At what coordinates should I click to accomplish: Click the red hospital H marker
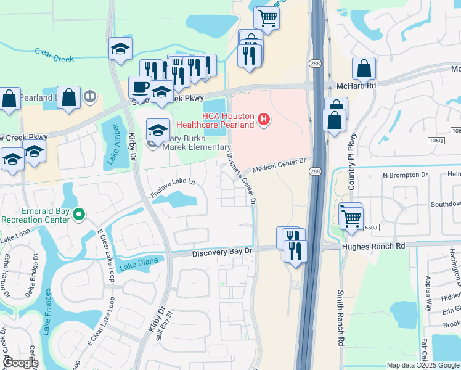(x=264, y=118)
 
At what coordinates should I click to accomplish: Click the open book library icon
(x=90, y=96)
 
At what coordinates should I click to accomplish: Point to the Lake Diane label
(x=139, y=263)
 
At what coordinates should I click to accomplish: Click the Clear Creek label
(x=54, y=55)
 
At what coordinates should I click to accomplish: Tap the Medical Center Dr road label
(x=279, y=165)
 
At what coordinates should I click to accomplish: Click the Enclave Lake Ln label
(x=173, y=190)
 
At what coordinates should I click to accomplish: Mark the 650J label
(x=370, y=228)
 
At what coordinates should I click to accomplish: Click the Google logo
(x=20, y=363)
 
